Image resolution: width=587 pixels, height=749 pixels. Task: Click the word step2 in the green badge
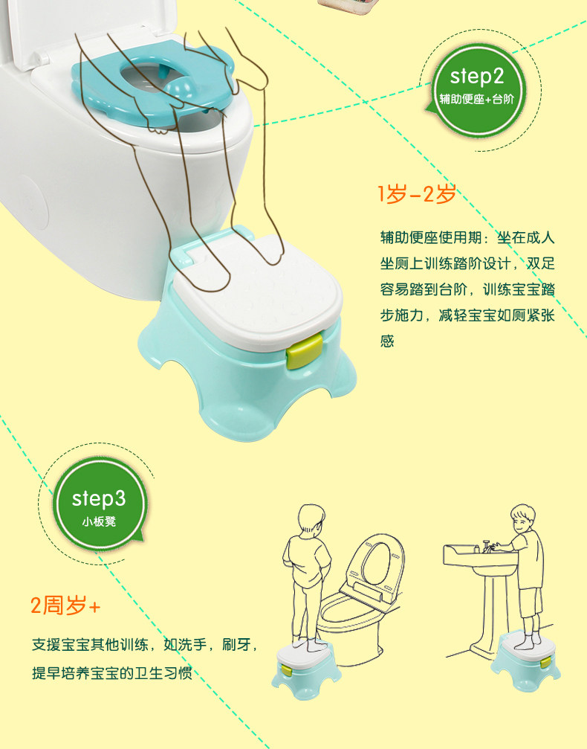coord(477,77)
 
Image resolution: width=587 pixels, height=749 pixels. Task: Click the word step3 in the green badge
coord(99,498)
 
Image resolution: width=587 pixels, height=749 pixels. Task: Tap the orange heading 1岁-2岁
coord(417,194)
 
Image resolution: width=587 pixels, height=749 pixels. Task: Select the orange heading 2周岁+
coord(65,605)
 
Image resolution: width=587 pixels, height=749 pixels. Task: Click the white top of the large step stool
coord(258,292)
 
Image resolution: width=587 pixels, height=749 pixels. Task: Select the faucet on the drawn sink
coord(486,545)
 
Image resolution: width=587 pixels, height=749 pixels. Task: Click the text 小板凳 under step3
coord(99,521)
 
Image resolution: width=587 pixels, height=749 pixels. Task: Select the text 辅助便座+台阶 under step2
coord(477,99)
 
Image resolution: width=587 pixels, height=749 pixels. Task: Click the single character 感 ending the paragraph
coord(387,341)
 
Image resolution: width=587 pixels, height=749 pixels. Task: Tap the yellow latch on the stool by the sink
coord(545,661)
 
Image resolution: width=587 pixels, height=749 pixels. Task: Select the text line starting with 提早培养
coord(112,672)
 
